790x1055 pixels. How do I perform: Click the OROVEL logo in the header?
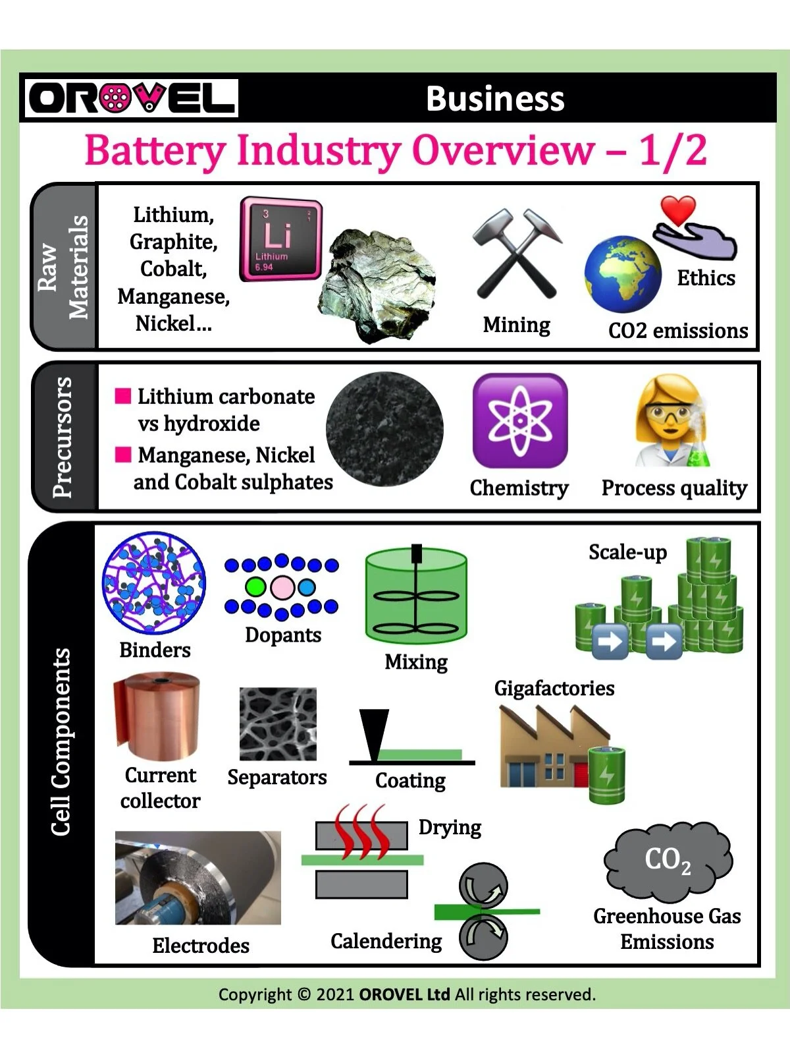coord(131,98)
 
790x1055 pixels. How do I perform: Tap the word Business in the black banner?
coord(495,99)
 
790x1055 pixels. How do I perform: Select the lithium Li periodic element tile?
coord(280,239)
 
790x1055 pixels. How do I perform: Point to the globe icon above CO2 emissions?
coord(622,275)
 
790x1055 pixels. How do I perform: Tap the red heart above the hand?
coord(679,210)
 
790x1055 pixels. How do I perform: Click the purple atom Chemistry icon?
coord(519,420)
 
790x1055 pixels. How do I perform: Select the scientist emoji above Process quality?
coord(672,422)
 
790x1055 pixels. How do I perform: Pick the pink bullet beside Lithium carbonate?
coord(123,395)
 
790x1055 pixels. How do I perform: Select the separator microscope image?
coord(278,724)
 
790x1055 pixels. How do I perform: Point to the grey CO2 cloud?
coord(668,861)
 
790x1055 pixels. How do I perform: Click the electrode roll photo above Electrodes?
coord(197,878)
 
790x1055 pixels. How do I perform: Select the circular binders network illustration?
coord(154,583)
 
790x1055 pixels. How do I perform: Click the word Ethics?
coord(706,278)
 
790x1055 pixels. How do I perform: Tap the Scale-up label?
coord(627,552)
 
